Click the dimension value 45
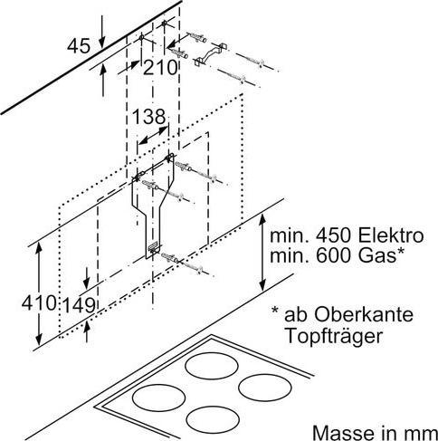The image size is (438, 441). [80, 43]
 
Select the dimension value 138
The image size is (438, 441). [148, 116]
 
